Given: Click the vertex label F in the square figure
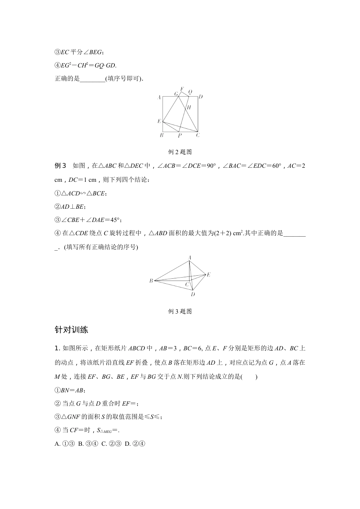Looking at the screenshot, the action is click(x=182, y=89).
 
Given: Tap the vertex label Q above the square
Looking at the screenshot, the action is click(x=190, y=92).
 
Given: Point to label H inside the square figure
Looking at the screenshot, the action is click(x=189, y=108).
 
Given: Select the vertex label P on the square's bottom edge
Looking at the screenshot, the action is click(x=180, y=135).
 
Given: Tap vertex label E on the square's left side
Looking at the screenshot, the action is click(x=160, y=121).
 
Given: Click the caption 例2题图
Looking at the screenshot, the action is click(x=180, y=152).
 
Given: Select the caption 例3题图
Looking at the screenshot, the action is click(x=180, y=311).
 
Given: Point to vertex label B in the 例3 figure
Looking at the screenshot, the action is click(x=151, y=281).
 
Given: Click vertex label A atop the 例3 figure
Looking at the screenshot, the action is click(x=189, y=258).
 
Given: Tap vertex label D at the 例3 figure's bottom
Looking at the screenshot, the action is click(x=193, y=294).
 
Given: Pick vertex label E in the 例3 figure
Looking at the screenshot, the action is click(x=208, y=275).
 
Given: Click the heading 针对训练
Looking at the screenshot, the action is click(x=71, y=330).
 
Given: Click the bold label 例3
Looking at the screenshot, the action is click(x=61, y=166).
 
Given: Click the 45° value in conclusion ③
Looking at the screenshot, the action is click(x=115, y=220).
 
